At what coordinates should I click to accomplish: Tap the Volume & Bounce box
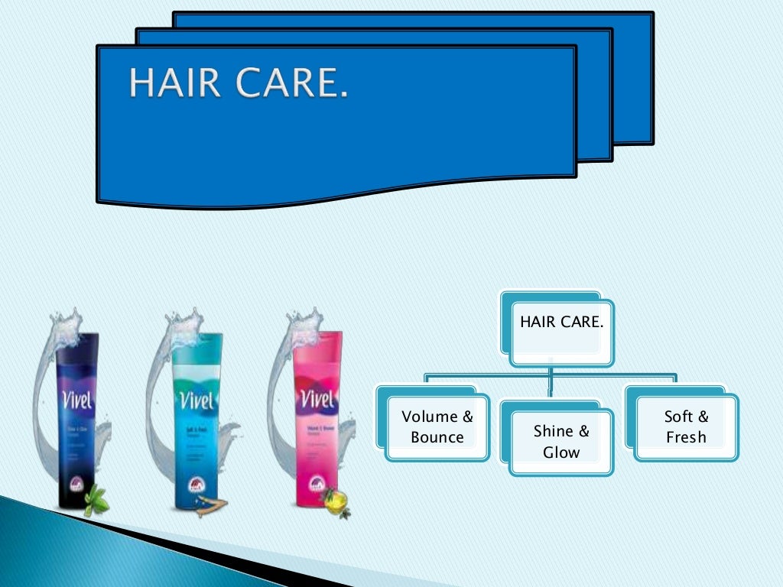(x=437, y=427)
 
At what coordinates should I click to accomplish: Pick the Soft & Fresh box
(x=686, y=427)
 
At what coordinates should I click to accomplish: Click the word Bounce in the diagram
(x=437, y=438)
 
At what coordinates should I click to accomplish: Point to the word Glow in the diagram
(x=561, y=452)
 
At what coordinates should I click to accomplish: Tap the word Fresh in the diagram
(x=686, y=438)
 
